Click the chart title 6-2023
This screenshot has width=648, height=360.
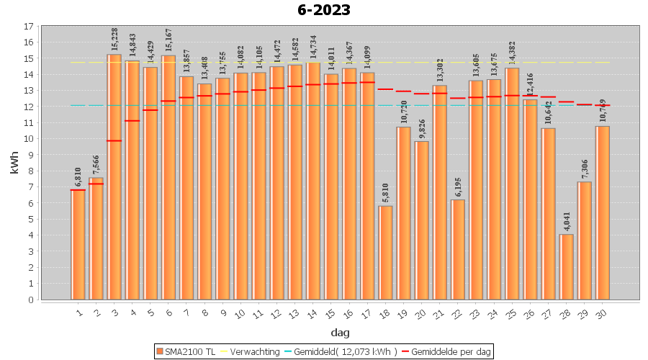(x=324, y=10)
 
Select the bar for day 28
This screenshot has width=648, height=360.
(x=567, y=266)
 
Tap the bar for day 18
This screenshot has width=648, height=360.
(x=386, y=253)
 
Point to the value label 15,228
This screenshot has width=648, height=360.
(x=114, y=40)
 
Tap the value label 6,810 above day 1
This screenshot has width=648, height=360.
(x=78, y=176)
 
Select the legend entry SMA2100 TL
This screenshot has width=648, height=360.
(x=186, y=351)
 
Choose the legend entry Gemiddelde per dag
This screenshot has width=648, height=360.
(x=446, y=351)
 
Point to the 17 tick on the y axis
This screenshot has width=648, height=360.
(x=28, y=27)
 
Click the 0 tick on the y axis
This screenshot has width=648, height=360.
(x=30, y=300)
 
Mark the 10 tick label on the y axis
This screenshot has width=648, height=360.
(x=28, y=139)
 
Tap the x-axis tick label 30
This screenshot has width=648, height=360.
(x=601, y=312)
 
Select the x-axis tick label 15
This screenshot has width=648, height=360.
(x=330, y=312)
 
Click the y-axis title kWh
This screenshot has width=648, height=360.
(x=14, y=163)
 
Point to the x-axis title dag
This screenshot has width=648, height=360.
(x=340, y=332)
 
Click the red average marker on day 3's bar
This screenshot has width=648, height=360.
(x=114, y=140)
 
